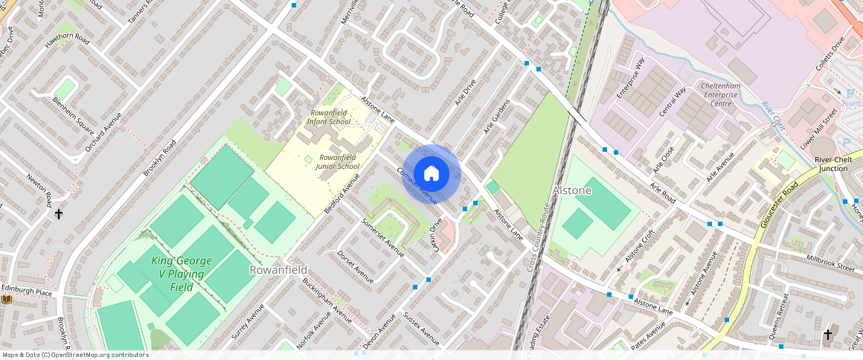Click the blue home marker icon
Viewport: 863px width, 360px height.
click(431, 174)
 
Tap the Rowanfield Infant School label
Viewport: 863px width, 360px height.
click(330, 117)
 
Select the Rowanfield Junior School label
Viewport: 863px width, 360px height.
click(338, 161)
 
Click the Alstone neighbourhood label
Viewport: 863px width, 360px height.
click(572, 190)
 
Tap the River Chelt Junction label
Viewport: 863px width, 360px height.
click(831, 164)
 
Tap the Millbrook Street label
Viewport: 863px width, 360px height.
click(830, 262)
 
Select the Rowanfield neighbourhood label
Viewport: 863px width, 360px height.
click(279, 269)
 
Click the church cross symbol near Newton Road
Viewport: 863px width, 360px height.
click(59, 214)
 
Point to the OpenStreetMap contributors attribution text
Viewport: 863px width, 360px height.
click(74, 355)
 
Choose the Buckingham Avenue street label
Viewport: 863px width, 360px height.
click(327, 300)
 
